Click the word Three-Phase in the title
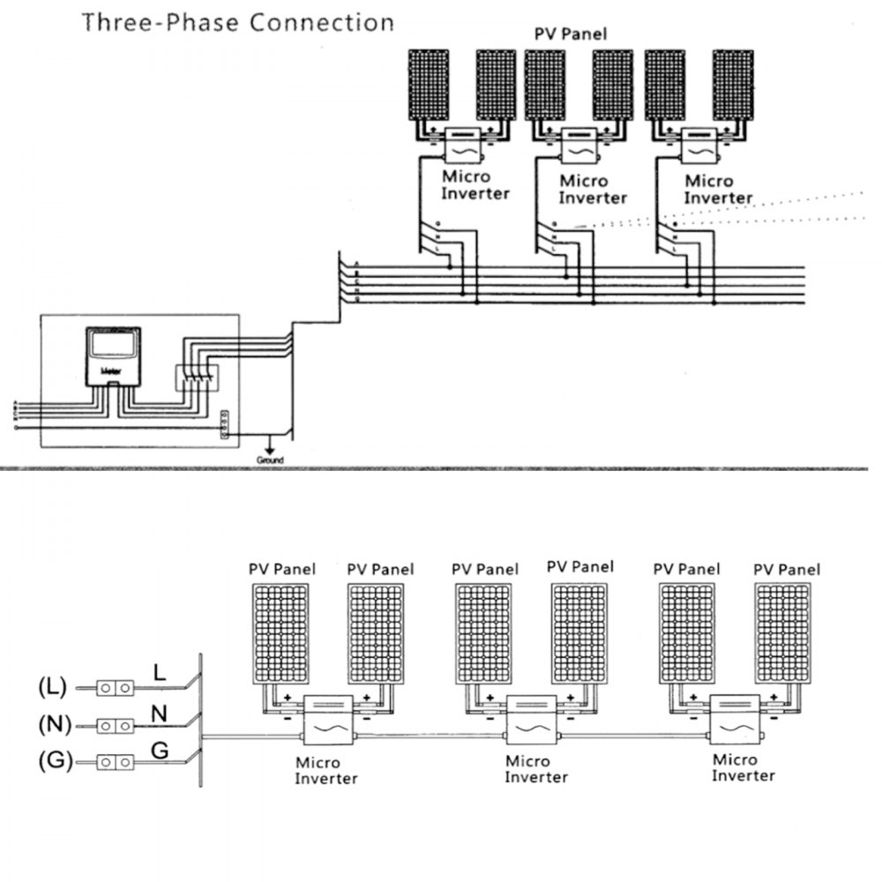160,22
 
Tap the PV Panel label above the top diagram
572,34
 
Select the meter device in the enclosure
111,356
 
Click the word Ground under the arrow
270,460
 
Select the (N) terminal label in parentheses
54,724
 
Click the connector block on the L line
116,686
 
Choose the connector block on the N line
116,724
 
